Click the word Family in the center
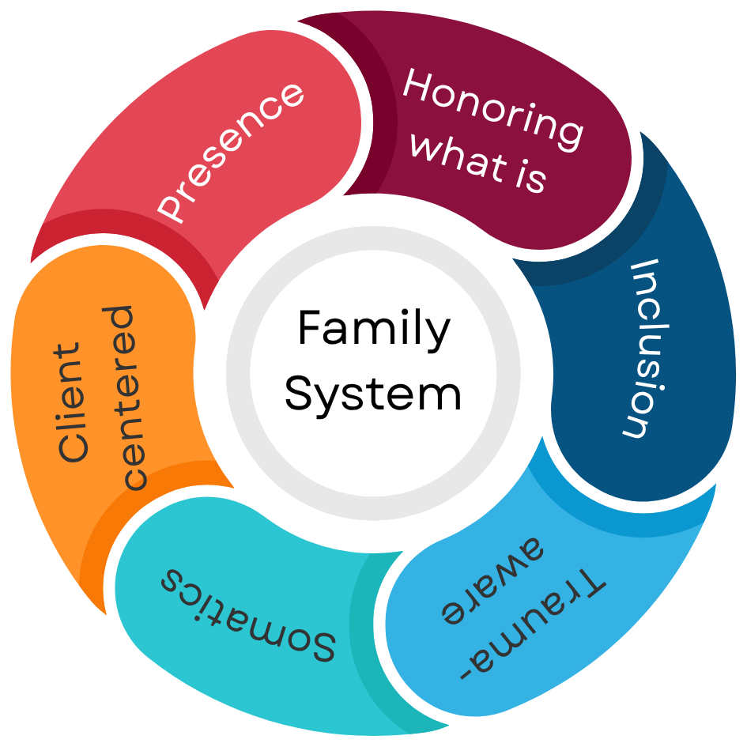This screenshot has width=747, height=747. click(x=373, y=330)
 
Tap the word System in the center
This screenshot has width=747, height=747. click(x=373, y=393)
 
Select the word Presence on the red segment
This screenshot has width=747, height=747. click(x=230, y=151)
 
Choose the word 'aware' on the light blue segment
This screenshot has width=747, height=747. click(x=491, y=586)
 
